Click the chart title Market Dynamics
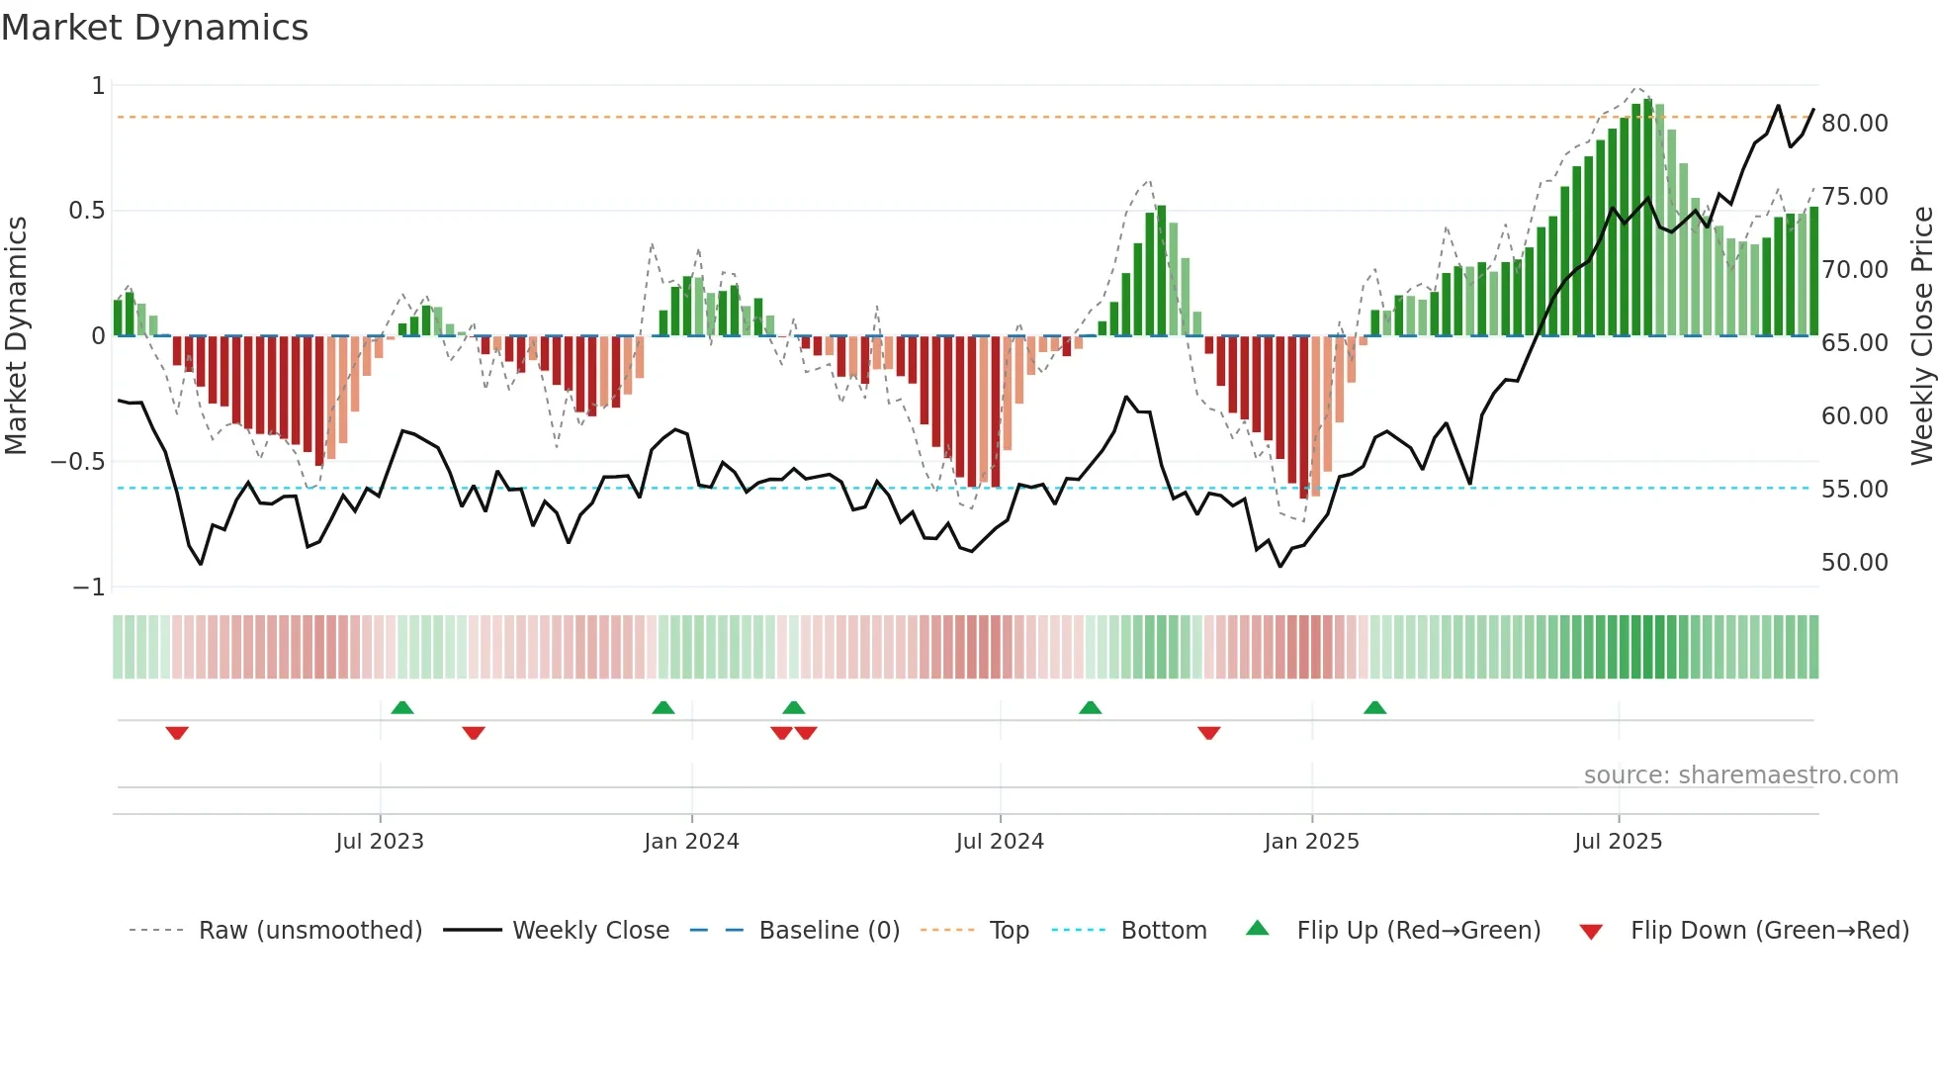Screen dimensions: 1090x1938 pyautogui.click(x=155, y=28)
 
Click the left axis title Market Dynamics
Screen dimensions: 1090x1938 pyautogui.click(x=16, y=335)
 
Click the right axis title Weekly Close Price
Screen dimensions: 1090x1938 pyautogui.click(x=1921, y=335)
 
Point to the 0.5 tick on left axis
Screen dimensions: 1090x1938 pyautogui.click(x=86, y=211)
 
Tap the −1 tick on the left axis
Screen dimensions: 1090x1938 pyautogui.click(x=88, y=588)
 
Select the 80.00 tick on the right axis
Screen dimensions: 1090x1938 pyautogui.click(x=1854, y=124)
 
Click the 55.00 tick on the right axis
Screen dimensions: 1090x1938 pyautogui.click(x=1854, y=490)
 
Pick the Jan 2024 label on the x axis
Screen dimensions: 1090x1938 pyautogui.click(x=691, y=842)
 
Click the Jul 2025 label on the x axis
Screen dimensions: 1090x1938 pyautogui.click(x=1618, y=842)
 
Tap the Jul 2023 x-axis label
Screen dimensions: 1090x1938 pyautogui.click(x=380, y=842)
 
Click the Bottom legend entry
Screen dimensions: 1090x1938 pyautogui.click(x=1163, y=931)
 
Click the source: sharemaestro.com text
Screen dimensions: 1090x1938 pyautogui.click(x=1740, y=775)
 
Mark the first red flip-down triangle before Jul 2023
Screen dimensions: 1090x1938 pyautogui.click(x=177, y=733)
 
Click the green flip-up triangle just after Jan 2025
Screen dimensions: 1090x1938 pyautogui.click(x=1374, y=707)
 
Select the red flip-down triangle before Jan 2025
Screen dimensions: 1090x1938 pyautogui.click(x=1208, y=733)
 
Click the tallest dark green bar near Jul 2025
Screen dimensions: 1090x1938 pyautogui.click(x=1647, y=218)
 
